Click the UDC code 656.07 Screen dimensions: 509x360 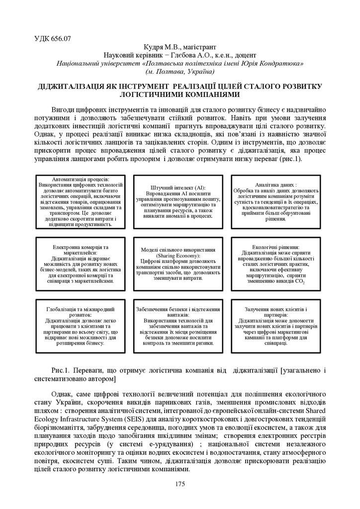pos(53,38)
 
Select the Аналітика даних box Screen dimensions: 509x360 pos(275,201)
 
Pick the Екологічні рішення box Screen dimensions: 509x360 pos(275,263)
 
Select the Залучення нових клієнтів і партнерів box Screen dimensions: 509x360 pos(275,326)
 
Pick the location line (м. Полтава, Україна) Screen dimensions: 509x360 pos(180,72)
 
